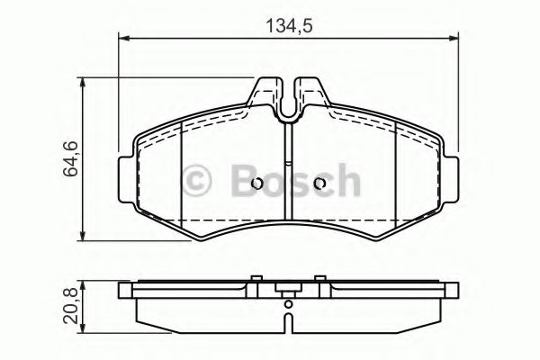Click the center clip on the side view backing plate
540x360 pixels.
coord(288,290)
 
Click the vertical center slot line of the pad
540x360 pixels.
coord(287,180)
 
